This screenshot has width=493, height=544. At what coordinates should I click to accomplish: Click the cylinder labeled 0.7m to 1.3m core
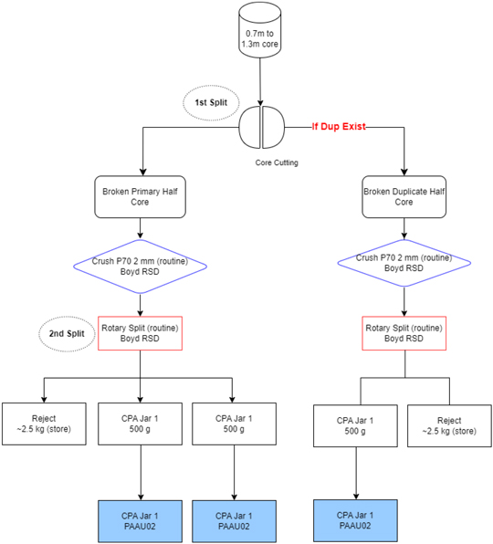(260, 30)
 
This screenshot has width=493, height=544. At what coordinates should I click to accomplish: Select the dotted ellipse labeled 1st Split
(211, 103)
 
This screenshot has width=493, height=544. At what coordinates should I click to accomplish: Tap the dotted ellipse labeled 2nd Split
(67, 334)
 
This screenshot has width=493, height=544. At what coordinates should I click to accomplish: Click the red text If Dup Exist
(339, 127)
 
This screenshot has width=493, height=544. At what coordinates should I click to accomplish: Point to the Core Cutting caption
(277, 162)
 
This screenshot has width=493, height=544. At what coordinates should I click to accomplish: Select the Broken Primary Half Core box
(141, 197)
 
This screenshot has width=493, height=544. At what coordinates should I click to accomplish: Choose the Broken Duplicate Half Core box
(404, 197)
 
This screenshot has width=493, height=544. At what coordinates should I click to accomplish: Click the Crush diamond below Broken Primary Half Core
(141, 267)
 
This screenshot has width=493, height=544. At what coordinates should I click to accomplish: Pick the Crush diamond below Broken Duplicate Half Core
(404, 263)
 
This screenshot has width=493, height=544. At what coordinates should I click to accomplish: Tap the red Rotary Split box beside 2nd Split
(141, 333)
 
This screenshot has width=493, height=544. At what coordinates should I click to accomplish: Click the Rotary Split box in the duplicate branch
(404, 333)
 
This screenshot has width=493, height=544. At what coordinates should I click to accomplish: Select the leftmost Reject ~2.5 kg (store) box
(44, 424)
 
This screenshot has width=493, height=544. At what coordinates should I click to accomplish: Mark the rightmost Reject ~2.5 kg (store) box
(449, 425)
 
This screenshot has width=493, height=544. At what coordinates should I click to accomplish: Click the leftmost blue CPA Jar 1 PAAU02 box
(141, 521)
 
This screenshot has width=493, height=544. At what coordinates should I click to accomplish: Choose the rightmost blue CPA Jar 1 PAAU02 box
(355, 520)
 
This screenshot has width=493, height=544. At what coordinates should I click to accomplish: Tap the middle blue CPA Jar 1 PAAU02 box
(235, 521)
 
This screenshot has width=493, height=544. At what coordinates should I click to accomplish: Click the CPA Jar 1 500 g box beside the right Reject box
(355, 425)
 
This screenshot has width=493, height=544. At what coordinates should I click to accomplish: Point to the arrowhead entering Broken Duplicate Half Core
(404, 173)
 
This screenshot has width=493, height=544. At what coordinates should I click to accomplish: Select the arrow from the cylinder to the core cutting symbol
(260, 82)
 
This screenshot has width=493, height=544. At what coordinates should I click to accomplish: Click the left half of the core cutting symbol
(249, 127)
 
